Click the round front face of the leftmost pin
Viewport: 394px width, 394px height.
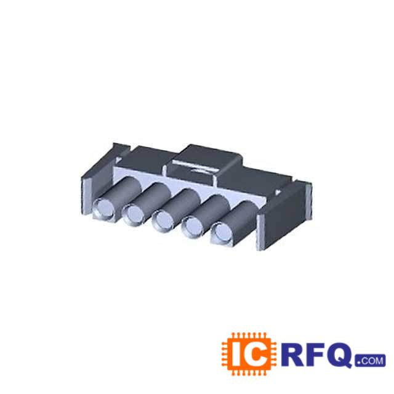tap(102, 209)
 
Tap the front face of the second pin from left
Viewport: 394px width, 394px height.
tap(133, 214)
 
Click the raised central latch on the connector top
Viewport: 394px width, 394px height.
tap(206, 161)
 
